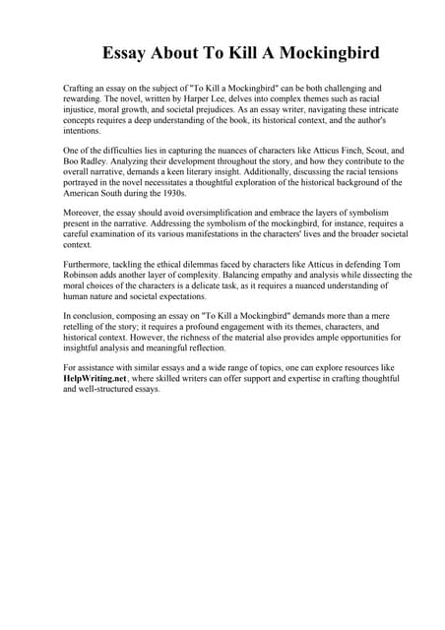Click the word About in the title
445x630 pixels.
(173, 52)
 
